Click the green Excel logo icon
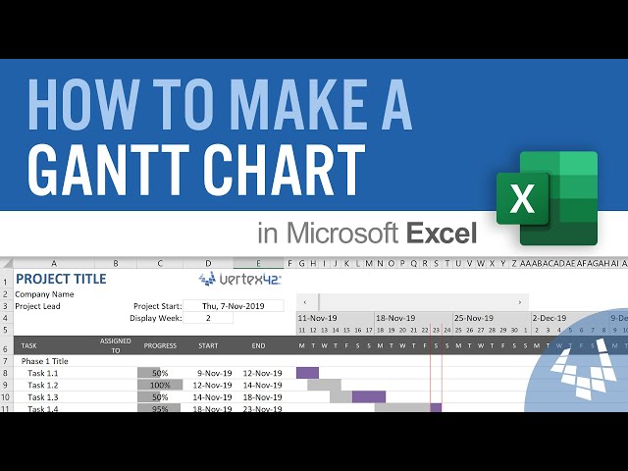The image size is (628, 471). click(547, 198)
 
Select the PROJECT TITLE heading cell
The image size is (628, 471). click(60, 279)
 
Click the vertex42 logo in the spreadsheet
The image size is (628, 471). click(239, 279)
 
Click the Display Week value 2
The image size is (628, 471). click(207, 318)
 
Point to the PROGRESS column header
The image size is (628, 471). click(160, 345)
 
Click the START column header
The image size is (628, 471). click(208, 345)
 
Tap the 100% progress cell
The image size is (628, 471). click(160, 386)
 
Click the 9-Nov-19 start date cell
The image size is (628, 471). click(213, 373)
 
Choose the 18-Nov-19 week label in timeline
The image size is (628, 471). click(395, 318)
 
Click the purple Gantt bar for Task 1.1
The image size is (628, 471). click(308, 373)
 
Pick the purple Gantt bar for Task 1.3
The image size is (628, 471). click(369, 397)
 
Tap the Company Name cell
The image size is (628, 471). click(44, 293)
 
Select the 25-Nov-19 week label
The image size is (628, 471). click(474, 318)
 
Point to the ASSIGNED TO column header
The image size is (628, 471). click(115, 345)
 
